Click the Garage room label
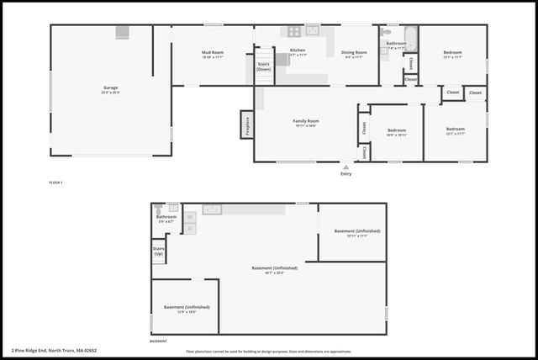(x=110, y=88)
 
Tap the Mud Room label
(x=212, y=55)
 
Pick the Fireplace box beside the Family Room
(x=247, y=124)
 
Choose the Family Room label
(x=306, y=123)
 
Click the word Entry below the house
(x=345, y=174)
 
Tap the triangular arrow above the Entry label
(x=345, y=167)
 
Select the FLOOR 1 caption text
(x=56, y=183)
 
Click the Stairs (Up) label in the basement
(x=158, y=251)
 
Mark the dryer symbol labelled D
(x=190, y=228)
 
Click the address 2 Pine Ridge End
(x=55, y=350)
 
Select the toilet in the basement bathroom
(x=157, y=208)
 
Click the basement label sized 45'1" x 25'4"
(x=274, y=270)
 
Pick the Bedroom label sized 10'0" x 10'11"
(x=397, y=132)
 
